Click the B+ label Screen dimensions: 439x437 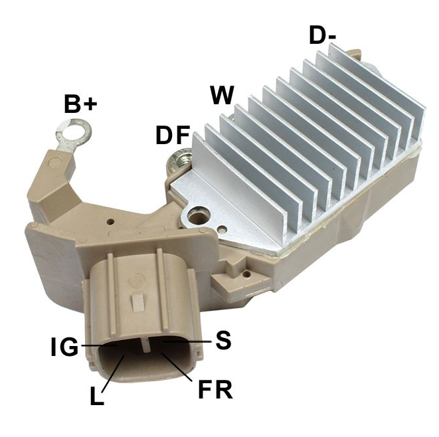coord(80,104)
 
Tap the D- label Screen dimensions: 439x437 coord(323,35)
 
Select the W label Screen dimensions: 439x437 coord(222,95)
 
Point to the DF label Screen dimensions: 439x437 coord(173,135)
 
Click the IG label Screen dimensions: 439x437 coord(64,347)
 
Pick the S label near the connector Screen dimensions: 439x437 coord(223,340)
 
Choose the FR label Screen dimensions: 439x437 coord(215,389)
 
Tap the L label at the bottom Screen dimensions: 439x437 coord(97,396)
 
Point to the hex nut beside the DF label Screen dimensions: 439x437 coord(181,159)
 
